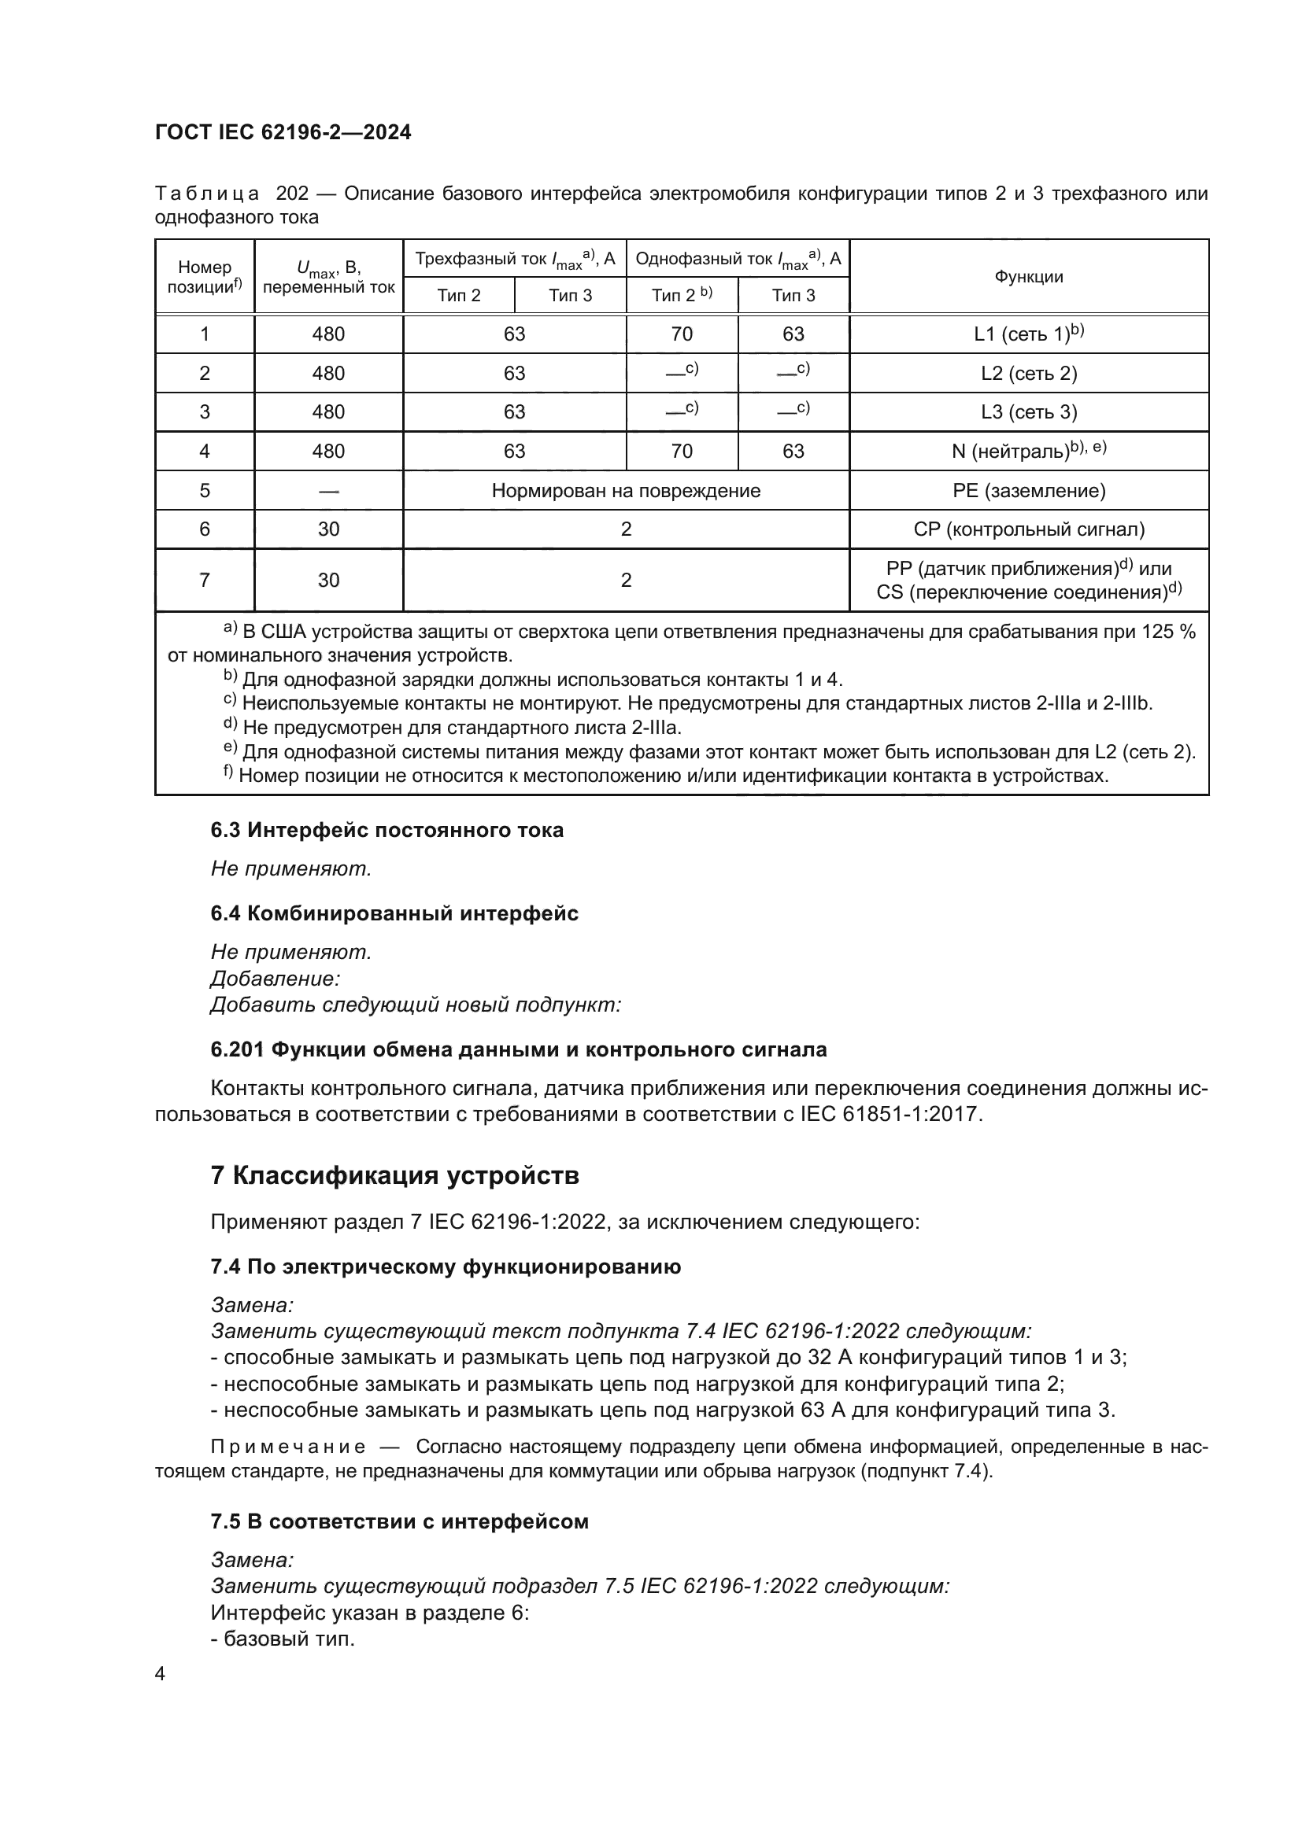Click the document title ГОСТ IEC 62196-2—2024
pos(283,132)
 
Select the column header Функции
pos(1029,276)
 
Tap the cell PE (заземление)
pos(1029,490)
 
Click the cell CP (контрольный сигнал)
pos(1029,529)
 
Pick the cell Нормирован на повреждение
pos(625,490)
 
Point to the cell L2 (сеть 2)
pos(1029,374)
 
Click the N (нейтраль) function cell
pos(1029,452)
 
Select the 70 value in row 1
pos(682,334)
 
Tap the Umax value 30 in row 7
pos(329,581)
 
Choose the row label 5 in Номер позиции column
pos(205,490)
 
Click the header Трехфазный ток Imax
pos(514,259)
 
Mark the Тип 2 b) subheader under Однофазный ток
pos(682,296)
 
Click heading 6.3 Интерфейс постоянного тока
pos(387,830)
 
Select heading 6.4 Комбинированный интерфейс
pos(394,913)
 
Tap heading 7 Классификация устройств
pos(394,1175)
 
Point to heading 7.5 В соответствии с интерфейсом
pos(399,1522)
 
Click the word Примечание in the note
pos(288,1447)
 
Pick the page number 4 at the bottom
pos(160,1674)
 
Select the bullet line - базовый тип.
pos(283,1639)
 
